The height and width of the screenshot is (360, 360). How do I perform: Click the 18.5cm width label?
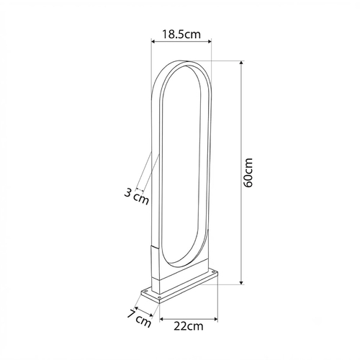coord(181,35)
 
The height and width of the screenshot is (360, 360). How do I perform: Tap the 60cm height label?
coord(248,173)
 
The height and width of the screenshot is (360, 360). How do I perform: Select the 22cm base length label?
coord(189,326)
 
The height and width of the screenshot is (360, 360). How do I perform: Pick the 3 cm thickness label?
coord(136,197)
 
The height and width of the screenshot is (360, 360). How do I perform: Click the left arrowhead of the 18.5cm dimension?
coord(153,42)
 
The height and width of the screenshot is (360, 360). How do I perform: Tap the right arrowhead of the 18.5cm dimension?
coord(210,42)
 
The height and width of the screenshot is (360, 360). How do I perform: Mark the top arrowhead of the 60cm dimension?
coord(242,63)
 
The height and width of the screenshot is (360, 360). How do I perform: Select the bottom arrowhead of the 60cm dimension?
coord(242,282)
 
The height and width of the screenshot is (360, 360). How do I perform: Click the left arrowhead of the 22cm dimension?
coord(162,319)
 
